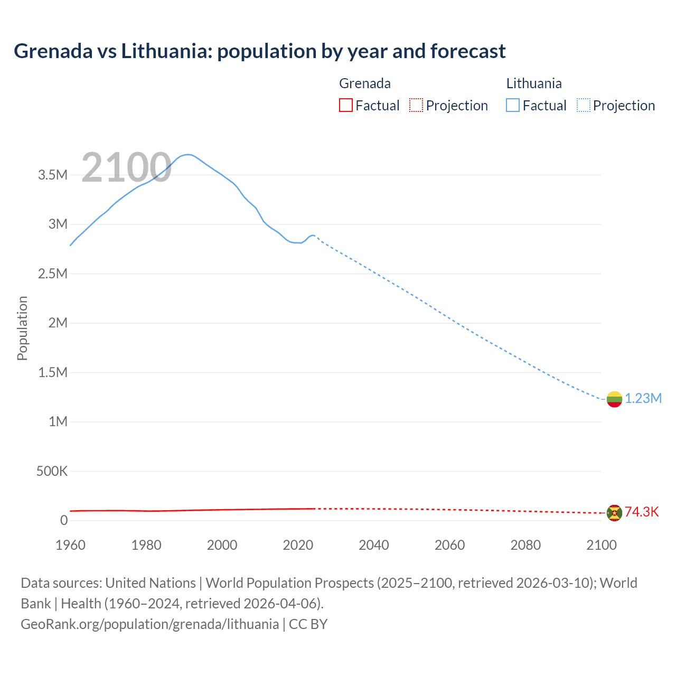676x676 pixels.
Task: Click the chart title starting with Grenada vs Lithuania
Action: pyautogui.click(x=259, y=51)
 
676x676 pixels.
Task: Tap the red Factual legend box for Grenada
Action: pyautogui.click(x=345, y=106)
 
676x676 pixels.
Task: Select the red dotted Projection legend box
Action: pyautogui.click(x=416, y=106)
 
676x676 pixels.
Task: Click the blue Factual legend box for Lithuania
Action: pyautogui.click(x=513, y=106)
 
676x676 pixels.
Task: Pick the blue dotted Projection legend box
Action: pyautogui.click(x=584, y=106)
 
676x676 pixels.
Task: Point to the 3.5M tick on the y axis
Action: pyautogui.click(x=53, y=175)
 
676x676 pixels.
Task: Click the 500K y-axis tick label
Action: pyautogui.click(x=52, y=471)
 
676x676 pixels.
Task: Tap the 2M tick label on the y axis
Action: pyautogui.click(x=58, y=323)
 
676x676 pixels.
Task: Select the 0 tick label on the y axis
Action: pyautogui.click(x=64, y=520)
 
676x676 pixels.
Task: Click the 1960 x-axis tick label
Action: pyautogui.click(x=70, y=545)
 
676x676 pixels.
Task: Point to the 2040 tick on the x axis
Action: pyautogui.click(x=374, y=545)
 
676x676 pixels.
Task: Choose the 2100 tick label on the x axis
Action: pyautogui.click(x=601, y=545)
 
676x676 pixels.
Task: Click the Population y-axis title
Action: pyautogui.click(x=22, y=328)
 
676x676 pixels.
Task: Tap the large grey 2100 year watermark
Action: pyautogui.click(x=126, y=167)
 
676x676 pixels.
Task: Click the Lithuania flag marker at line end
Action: pyautogui.click(x=614, y=399)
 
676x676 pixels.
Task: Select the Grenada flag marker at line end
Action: pyautogui.click(x=614, y=513)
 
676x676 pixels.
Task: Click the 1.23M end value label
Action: pyautogui.click(x=643, y=399)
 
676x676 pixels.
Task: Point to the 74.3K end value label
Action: pyautogui.click(x=642, y=512)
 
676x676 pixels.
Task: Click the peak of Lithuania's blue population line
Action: pyautogui.click(x=187, y=154)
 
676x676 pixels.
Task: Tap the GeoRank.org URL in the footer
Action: pyautogui.click(x=149, y=624)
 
